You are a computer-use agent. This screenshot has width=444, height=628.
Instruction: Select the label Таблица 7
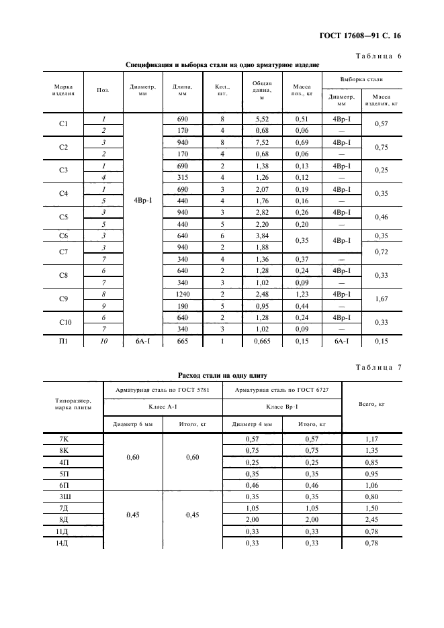point(379,367)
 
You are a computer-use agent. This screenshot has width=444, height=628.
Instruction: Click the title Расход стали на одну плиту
point(222,376)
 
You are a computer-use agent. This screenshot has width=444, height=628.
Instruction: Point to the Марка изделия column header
point(62,90)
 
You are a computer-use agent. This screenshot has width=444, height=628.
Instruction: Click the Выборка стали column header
point(361,79)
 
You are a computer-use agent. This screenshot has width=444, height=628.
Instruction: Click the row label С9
point(64,300)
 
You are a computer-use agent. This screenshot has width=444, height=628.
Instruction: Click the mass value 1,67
point(382,300)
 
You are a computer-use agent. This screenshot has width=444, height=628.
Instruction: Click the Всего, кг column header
point(371,405)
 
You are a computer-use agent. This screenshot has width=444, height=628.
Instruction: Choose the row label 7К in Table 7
point(64,438)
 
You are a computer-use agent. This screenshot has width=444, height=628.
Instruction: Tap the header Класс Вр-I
point(281,407)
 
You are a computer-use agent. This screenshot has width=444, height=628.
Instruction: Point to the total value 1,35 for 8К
point(371,450)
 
